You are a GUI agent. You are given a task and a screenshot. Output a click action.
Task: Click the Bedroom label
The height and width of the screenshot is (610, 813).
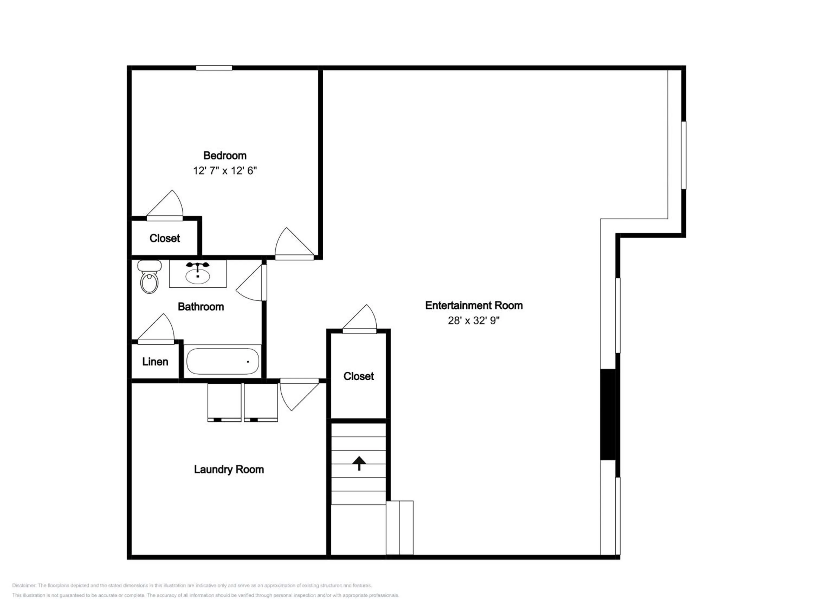225,156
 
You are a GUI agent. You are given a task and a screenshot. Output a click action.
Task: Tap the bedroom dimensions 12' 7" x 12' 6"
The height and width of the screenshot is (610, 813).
225,171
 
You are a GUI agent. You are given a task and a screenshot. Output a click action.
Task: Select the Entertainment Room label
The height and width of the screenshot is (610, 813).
474,306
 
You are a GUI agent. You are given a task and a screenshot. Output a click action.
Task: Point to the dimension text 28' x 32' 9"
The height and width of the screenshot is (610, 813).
473,321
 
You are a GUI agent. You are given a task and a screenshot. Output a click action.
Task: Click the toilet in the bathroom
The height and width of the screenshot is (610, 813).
149,277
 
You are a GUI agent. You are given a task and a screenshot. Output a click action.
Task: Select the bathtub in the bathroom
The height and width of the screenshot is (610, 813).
222,361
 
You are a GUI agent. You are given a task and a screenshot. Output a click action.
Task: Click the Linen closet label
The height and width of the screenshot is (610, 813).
155,362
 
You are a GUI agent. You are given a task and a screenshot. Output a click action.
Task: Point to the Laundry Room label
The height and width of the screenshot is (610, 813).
229,470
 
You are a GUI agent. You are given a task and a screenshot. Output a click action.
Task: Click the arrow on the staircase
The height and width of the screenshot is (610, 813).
359,463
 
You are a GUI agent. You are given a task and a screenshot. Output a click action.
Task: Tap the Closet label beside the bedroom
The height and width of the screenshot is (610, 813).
165,238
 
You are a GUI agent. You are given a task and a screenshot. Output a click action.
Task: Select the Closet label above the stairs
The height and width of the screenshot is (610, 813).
359,376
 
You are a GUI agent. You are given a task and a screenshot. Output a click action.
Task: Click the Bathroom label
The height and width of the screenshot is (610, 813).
201,307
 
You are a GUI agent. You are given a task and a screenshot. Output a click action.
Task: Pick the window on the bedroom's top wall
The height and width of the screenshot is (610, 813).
214,68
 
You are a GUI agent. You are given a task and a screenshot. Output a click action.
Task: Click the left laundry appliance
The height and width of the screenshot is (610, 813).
224,403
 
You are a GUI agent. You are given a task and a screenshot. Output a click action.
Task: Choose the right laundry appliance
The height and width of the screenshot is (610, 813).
261,403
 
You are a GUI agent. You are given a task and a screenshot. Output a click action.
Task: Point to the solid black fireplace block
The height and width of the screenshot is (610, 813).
608,414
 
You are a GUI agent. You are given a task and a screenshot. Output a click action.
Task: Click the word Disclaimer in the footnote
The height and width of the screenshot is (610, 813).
24,585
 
